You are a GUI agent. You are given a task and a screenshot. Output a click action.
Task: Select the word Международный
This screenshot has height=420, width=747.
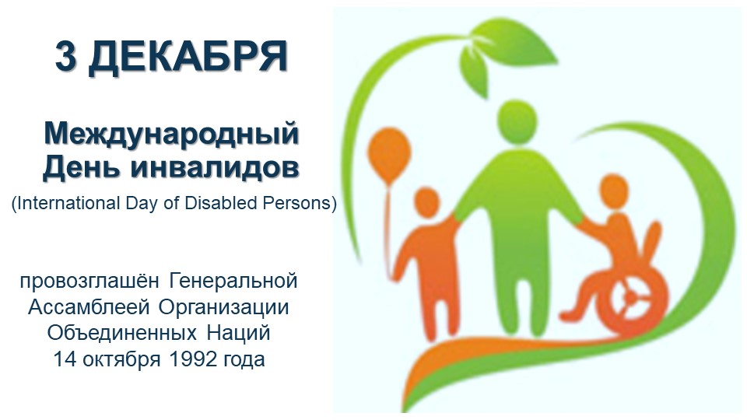(171, 134)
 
